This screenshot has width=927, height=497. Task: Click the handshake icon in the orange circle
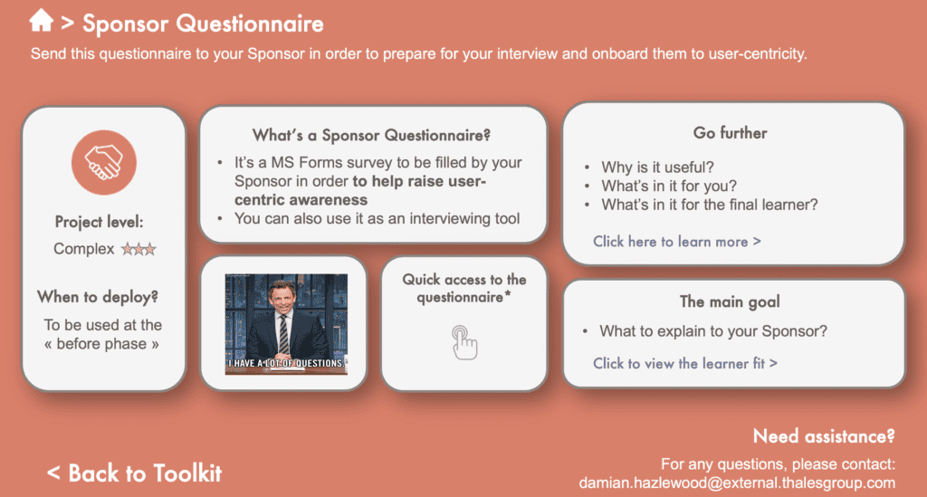pyautogui.click(x=104, y=163)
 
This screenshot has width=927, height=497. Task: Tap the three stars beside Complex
pyautogui.click(x=139, y=249)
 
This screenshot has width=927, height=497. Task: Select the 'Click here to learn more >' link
pyautogui.click(x=677, y=242)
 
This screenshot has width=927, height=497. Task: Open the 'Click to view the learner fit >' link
pyautogui.click(x=685, y=363)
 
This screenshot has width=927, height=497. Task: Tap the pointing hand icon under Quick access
pyautogui.click(x=464, y=342)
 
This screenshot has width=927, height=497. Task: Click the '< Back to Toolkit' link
pyautogui.click(x=134, y=473)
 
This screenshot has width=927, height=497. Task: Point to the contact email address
pyautogui.click(x=737, y=483)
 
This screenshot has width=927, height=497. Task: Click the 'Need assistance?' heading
pyautogui.click(x=824, y=436)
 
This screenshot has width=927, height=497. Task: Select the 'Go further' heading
pyautogui.click(x=731, y=133)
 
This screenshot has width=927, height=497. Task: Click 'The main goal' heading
pyautogui.click(x=730, y=302)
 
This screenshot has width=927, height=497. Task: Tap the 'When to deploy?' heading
pyautogui.click(x=98, y=297)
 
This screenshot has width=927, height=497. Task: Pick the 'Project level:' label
pyautogui.click(x=100, y=222)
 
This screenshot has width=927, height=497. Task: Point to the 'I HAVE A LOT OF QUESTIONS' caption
pyautogui.click(x=286, y=363)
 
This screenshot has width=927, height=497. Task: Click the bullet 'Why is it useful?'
pyautogui.click(x=657, y=167)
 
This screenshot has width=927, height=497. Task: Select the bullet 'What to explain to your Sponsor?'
pyautogui.click(x=713, y=331)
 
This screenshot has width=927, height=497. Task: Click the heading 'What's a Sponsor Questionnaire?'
pyautogui.click(x=371, y=135)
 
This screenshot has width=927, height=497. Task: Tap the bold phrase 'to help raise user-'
pyautogui.click(x=419, y=181)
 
